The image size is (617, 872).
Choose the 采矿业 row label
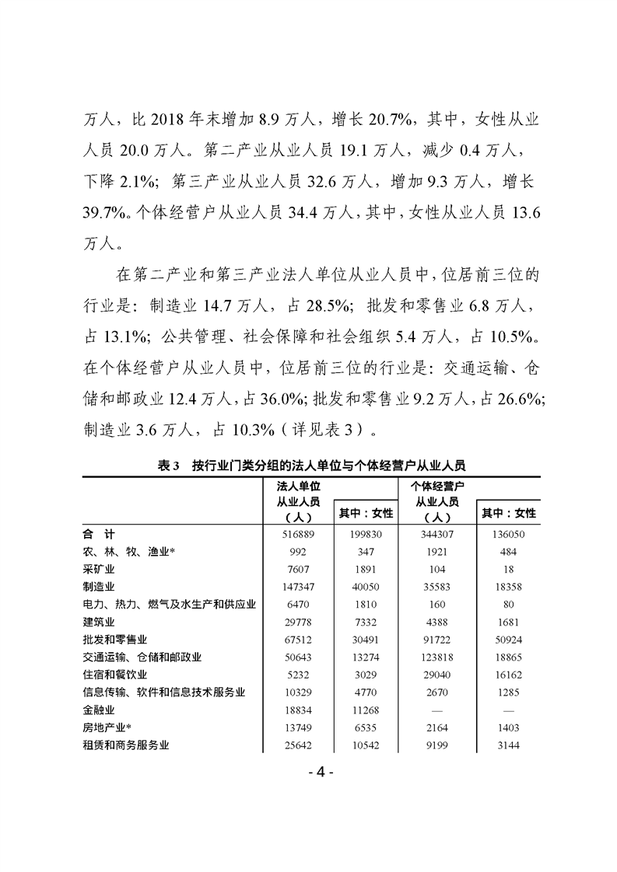pos(96,569)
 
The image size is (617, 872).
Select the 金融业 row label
pos(96,710)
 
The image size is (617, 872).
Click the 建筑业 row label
pos(96,622)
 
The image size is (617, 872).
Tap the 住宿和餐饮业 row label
pos(114,675)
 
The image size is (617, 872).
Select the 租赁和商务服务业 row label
pos(125,745)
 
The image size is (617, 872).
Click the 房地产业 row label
pos(105,727)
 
